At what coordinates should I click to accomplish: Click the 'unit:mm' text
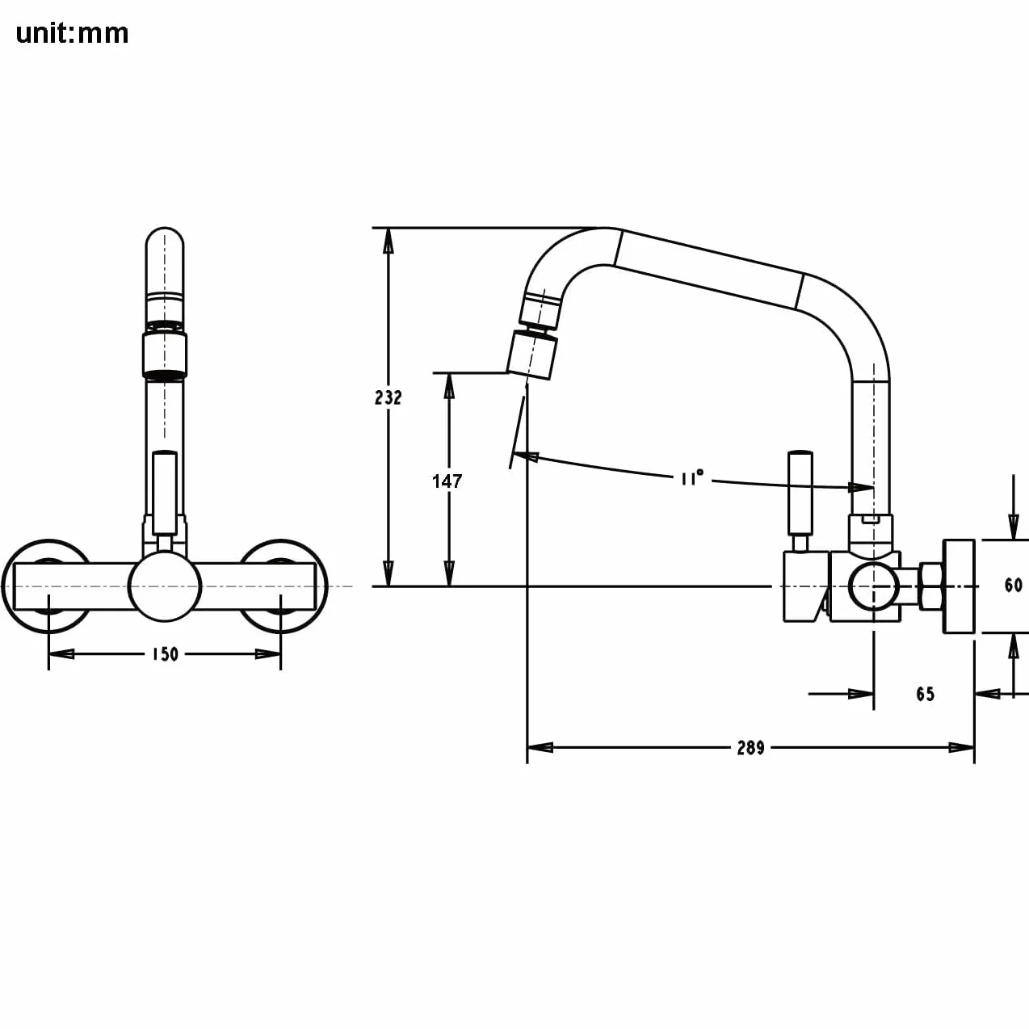(72, 34)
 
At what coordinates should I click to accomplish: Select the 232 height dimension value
(388, 397)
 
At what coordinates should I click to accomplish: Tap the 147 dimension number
(447, 481)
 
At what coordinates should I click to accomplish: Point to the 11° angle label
(692, 477)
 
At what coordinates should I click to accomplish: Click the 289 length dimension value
(751, 748)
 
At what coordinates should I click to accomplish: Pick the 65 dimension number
(926, 694)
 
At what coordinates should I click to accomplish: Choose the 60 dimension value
(1013, 586)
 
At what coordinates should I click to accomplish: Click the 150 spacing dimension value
(165, 654)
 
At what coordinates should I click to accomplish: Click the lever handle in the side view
(800, 493)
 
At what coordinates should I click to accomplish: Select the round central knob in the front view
(165, 586)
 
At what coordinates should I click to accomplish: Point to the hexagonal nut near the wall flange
(931, 586)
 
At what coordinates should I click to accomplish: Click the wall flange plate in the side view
(959, 586)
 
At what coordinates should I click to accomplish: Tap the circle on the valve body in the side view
(872, 586)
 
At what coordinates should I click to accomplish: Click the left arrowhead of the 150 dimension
(61, 653)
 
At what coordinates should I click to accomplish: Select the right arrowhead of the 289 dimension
(962, 748)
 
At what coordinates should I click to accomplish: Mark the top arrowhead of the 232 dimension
(388, 241)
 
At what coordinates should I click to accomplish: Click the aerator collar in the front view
(165, 355)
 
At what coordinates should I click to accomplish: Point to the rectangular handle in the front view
(165, 493)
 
